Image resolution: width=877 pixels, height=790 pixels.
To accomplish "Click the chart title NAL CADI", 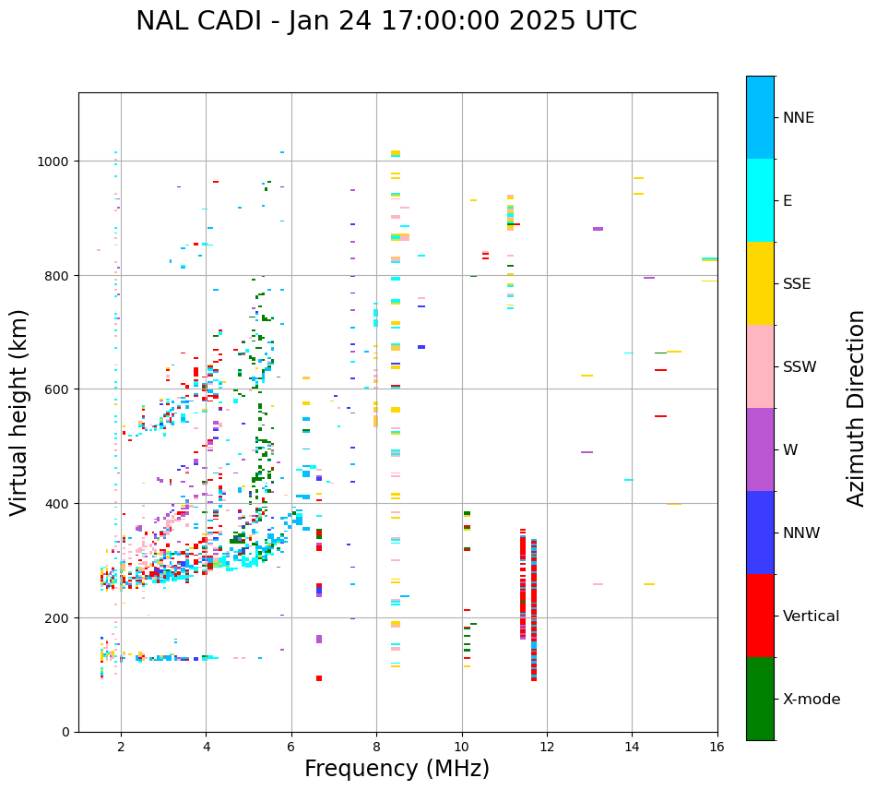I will click(385, 21).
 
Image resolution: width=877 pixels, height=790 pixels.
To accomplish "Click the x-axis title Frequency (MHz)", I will click(397, 769).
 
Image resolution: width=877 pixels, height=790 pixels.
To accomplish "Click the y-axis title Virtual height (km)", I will click(19, 412).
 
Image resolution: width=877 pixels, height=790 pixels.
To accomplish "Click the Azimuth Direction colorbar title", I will click(857, 408).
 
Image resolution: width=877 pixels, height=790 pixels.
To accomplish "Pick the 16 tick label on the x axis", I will click(717, 748).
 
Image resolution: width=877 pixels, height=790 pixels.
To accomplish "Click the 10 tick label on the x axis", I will click(462, 748).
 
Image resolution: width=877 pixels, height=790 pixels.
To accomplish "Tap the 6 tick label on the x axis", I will click(291, 748).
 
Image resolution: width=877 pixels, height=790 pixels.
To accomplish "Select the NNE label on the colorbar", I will click(799, 118).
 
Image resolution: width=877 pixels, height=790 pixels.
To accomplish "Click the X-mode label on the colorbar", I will click(812, 700).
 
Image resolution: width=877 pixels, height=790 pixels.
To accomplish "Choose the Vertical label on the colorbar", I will click(812, 616).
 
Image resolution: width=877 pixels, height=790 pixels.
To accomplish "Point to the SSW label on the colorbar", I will click(800, 367).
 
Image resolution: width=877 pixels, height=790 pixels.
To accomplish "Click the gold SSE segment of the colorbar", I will click(760, 283).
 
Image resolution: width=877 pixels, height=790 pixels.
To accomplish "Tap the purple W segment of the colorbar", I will click(760, 449).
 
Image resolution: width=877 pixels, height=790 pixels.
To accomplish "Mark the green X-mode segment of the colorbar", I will click(760, 699).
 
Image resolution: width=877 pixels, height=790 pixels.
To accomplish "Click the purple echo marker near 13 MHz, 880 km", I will click(598, 229).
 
